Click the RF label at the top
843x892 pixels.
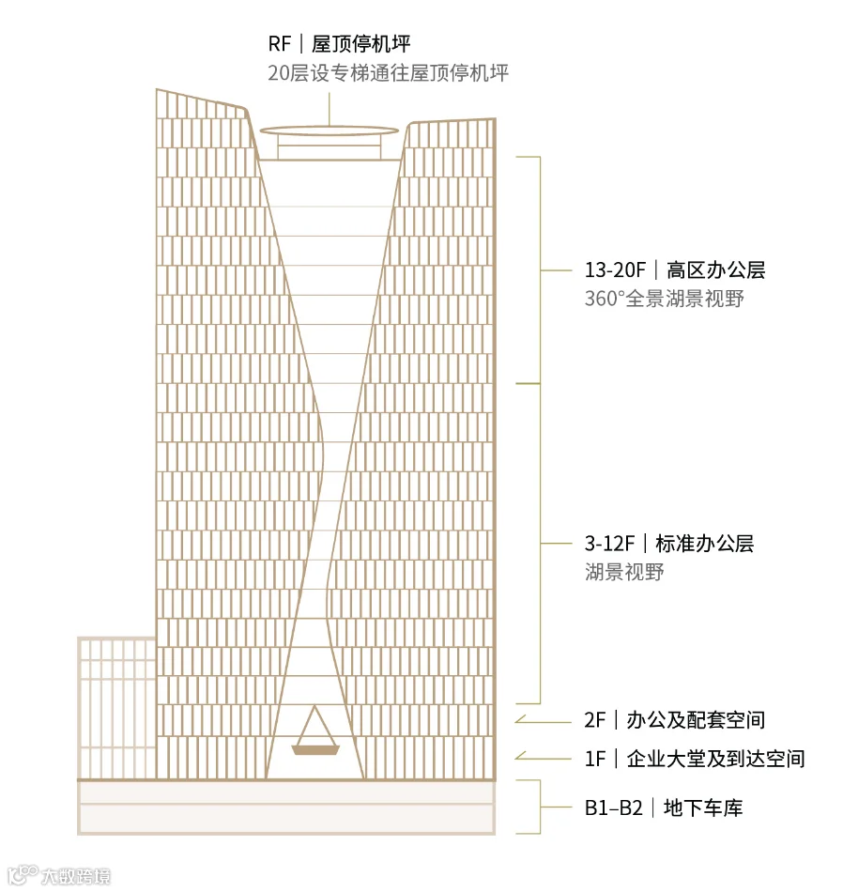[280, 44]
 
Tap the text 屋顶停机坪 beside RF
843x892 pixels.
[360, 44]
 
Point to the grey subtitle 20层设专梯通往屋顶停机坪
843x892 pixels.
[388, 73]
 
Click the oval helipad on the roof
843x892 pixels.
[330, 131]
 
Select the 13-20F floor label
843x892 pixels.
[615, 270]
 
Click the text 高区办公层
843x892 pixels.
[715, 270]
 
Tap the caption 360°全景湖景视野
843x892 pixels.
[665, 299]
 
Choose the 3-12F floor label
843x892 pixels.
[609, 544]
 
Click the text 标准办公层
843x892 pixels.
[704, 544]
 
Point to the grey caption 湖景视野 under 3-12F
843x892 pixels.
[624, 572]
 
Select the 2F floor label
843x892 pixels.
[595, 720]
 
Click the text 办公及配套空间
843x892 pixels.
[696, 720]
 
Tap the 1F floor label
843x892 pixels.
[595, 759]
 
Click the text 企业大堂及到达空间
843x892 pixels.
[715, 759]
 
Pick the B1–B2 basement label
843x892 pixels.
[613, 807]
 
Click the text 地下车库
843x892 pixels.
[703, 807]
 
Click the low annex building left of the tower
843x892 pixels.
[116, 708]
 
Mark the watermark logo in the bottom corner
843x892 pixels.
[58, 875]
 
